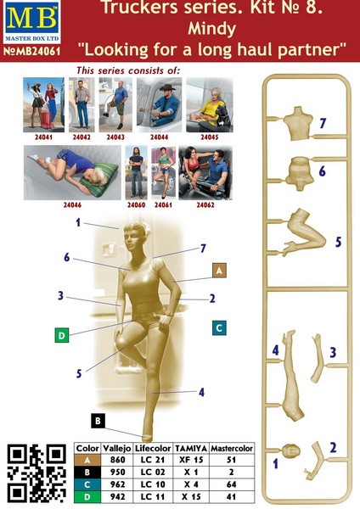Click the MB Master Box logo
tap(32, 22)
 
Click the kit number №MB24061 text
tap(32, 51)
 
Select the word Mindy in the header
tap(211, 29)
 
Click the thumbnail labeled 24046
tap(72, 172)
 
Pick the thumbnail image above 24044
tap(159, 105)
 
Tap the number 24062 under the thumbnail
tap(205, 204)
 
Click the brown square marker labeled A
tap(219, 271)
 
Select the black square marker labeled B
tap(98, 421)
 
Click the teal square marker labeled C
tap(219, 327)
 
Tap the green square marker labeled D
tap(62, 335)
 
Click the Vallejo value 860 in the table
tap(117, 460)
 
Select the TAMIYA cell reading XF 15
tap(191, 460)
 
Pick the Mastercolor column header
tap(232, 448)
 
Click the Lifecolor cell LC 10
tap(153, 484)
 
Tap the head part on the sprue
tap(290, 451)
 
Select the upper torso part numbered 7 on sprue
tap(298, 124)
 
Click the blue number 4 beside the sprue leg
tap(276, 350)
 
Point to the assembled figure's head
tap(136, 238)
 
